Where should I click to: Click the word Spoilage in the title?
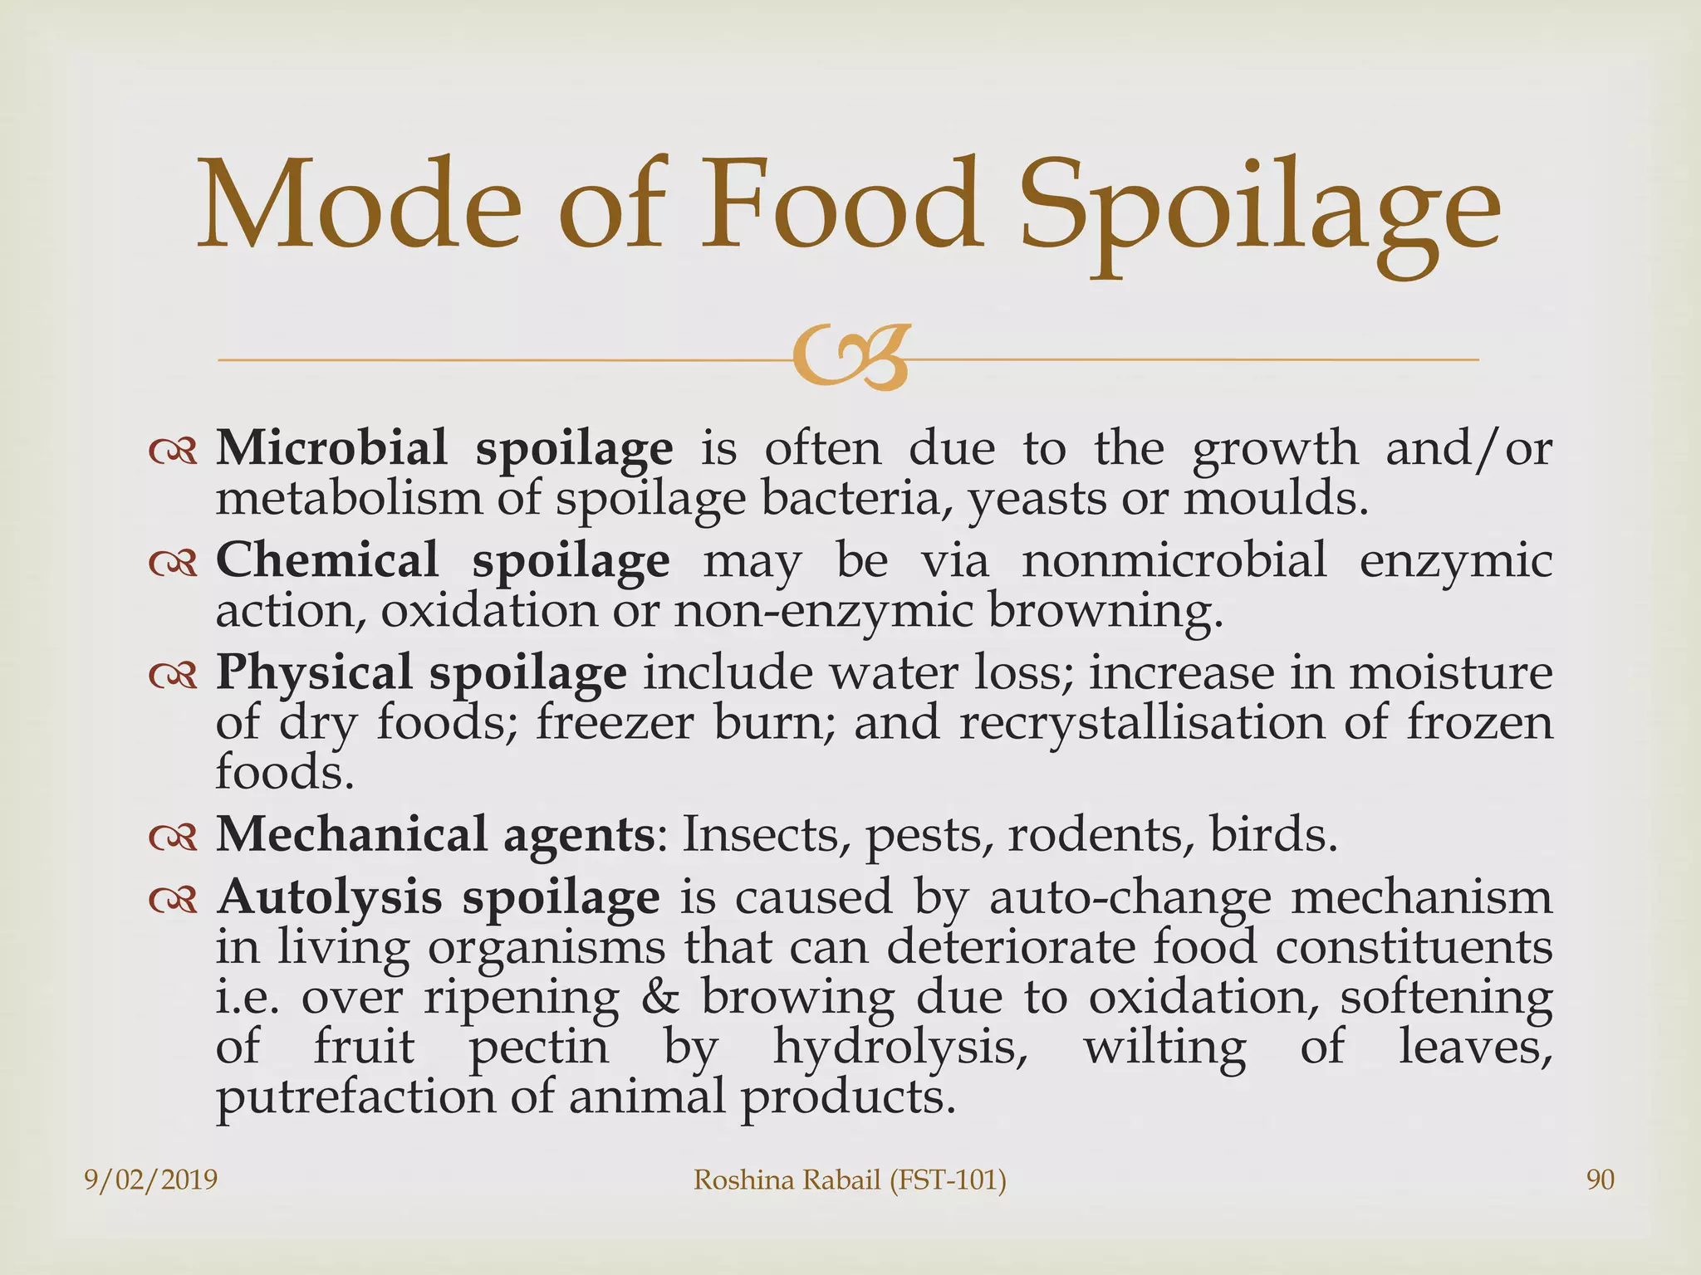tap(1259, 209)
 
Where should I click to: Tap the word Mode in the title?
tap(359, 203)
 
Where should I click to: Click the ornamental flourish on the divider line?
tap(848, 359)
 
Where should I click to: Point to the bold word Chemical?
tap(326, 559)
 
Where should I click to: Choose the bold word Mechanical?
tap(351, 833)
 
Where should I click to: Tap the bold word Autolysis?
tap(329, 897)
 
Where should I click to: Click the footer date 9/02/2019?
tap(151, 1180)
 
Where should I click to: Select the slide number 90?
tap(1601, 1180)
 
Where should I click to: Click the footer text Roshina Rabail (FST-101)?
tap(850, 1180)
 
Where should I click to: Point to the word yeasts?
tap(1037, 500)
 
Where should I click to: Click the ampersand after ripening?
tap(660, 997)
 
